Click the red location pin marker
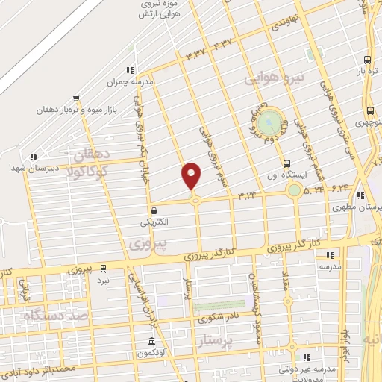[192, 175]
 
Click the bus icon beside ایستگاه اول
[288, 163]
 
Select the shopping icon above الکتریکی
[153, 210]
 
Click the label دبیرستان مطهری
[366, 207]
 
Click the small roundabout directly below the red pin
[195, 200]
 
